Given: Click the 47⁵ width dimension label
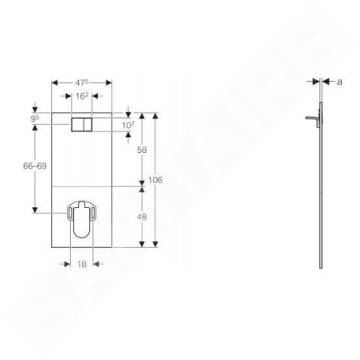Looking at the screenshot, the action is click(82, 83).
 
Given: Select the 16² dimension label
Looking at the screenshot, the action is click(82, 96).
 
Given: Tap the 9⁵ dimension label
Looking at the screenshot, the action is click(35, 119).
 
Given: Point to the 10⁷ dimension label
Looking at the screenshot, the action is click(128, 125).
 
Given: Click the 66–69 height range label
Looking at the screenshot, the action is click(35, 166).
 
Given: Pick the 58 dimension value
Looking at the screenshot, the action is click(142, 150).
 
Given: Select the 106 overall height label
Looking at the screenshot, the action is click(155, 180).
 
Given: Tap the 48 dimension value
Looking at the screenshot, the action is click(142, 217).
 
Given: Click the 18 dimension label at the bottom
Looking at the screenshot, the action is click(82, 264).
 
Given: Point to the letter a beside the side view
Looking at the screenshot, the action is click(339, 82).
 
